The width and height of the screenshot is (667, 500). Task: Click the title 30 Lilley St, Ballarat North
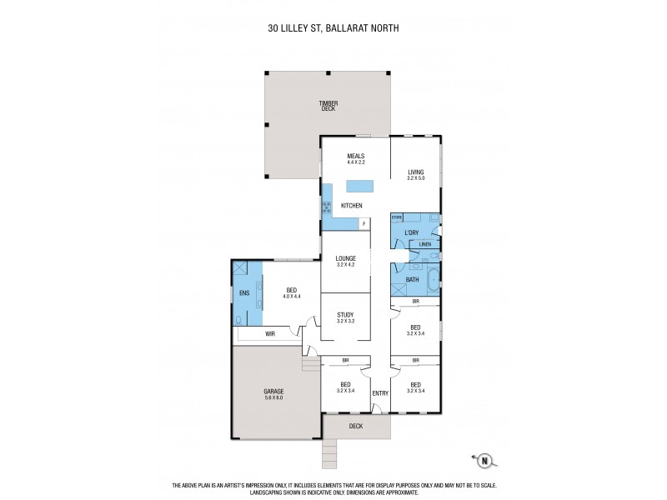333,27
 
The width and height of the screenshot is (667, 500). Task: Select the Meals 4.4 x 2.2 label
357,158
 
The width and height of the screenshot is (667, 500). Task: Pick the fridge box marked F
364,223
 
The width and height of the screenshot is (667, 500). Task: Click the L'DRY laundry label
411,232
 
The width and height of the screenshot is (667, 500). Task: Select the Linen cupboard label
425,245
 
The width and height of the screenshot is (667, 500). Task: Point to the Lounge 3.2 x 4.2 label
345,261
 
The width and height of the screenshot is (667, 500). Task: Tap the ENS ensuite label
244,293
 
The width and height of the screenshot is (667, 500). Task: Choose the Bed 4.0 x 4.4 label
291,293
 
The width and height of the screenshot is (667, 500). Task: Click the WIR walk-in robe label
270,334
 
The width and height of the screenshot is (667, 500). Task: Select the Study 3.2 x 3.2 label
345,317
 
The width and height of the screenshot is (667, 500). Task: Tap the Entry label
380,392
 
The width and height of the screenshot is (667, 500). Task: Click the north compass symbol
482,457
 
